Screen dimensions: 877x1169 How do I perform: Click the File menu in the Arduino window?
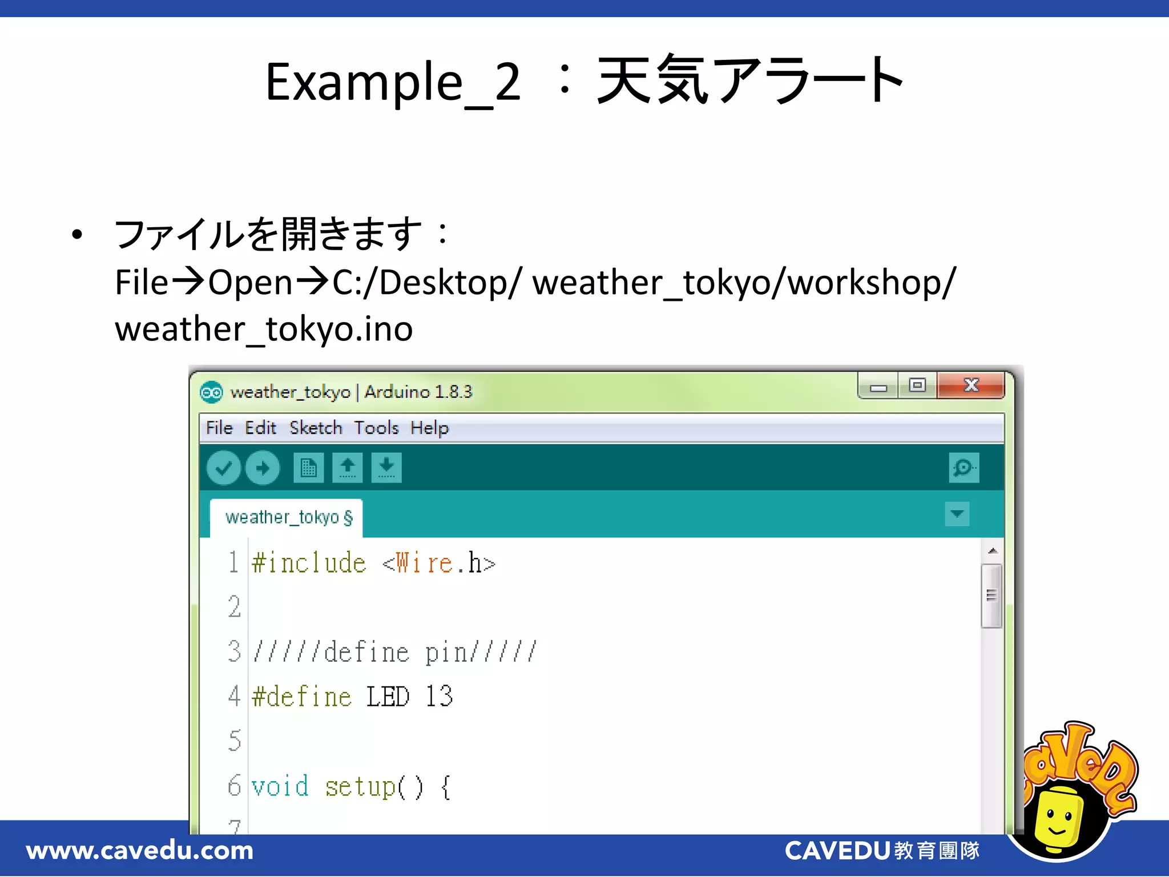tap(219, 428)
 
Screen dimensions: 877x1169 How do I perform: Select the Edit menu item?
tap(260, 428)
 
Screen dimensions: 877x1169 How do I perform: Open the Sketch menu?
tap(316, 428)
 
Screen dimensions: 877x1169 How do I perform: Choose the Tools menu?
tap(376, 428)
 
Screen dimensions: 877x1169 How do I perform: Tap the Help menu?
tap(429, 428)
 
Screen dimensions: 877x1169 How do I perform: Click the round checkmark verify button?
tap(223, 468)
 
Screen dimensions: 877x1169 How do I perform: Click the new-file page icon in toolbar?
tap(309, 468)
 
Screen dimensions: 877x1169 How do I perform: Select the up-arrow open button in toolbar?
tap(348, 468)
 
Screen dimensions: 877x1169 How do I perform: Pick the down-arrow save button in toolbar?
tap(386, 468)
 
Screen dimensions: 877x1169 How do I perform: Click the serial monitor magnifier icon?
tap(964, 468)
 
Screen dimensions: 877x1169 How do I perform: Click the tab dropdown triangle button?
tap(957, 514)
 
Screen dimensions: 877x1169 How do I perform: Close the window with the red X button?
tap(971, 385)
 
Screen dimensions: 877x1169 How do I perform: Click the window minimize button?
tap(878, 387)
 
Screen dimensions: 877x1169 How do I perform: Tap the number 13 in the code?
tap(439, 697)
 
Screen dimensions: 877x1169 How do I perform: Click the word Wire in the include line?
tap(425, 563)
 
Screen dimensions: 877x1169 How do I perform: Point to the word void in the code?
tap(280, 787)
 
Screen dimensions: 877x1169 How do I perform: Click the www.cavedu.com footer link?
tap(140, 851)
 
